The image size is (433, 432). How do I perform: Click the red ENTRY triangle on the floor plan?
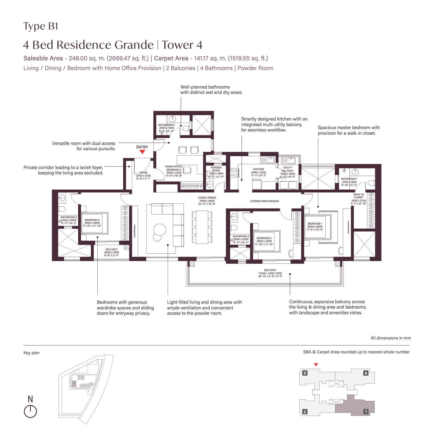(142, 152)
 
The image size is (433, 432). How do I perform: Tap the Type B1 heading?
(41, 26)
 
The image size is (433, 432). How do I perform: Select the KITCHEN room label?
(258, 169)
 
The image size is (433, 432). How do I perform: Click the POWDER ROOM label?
(216, 169)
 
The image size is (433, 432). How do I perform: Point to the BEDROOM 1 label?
(315, 224)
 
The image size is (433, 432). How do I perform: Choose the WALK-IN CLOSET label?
(358, 196)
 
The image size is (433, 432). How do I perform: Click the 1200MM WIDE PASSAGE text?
(264, 201)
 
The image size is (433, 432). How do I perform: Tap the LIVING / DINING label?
(207, 198)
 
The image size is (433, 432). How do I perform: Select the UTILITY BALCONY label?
(287, 169)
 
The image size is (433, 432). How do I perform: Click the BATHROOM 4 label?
(166, 125)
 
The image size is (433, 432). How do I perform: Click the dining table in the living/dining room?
(202, 227)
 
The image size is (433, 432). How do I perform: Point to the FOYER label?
(143, 173)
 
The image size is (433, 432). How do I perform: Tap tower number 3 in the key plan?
(304, 373)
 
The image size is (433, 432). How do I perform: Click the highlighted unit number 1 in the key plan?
(366, 412)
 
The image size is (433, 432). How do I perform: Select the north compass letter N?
(30, 399)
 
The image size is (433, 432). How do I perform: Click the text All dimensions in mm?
(390, 338)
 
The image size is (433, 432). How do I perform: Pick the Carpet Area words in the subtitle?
(171, 58)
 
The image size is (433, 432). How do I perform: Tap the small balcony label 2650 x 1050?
(112, 252)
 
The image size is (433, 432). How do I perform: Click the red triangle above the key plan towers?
(316, 365)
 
